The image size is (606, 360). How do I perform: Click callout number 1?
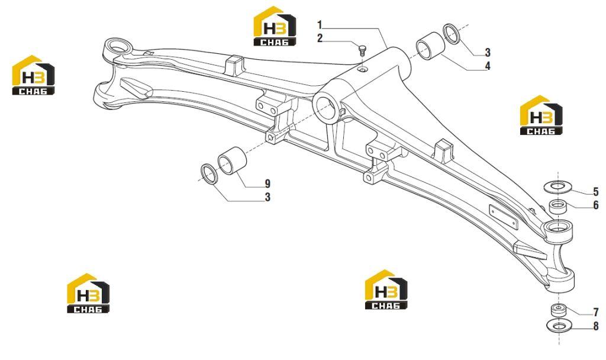[x=320, y=25]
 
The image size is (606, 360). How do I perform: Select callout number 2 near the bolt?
[x=320, y=38]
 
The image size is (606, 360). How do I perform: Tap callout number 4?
[x=488, y=66]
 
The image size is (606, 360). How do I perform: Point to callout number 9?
[x=267, y=184]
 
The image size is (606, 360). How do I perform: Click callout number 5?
[x=595, y=191]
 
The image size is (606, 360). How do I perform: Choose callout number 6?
[x=595, y=205]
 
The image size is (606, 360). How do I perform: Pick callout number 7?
[x=595, y=312]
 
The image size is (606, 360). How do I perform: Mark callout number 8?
[x=595, y=326]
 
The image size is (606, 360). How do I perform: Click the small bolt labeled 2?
[x=362, y=50]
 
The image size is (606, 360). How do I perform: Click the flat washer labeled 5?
[x=557, y=187]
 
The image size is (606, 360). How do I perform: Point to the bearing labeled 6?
[x=558, y=207]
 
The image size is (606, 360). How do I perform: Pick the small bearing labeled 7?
[x=559, y=310]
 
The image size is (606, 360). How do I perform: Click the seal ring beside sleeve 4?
[x=452, y=34]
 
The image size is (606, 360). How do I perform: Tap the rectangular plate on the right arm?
[x=504, y=218]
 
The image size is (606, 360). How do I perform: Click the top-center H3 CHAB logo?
[x=275, y=26]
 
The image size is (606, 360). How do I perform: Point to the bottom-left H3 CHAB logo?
[x=88, y=294]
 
